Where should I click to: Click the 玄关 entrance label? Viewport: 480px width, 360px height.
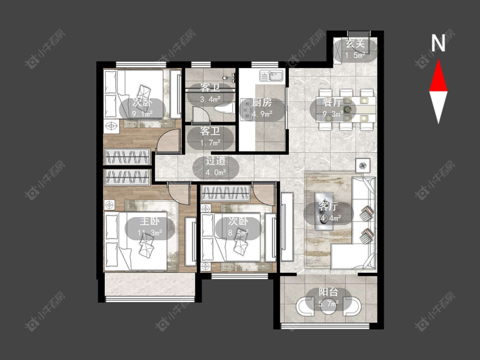[355, 44]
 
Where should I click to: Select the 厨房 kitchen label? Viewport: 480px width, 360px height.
[262, 102]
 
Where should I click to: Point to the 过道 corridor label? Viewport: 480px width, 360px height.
[215, 161]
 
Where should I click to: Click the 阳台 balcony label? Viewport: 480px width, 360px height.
[328, 292]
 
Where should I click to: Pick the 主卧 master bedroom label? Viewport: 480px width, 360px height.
[150, 221]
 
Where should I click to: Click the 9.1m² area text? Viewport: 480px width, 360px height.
[143, 114]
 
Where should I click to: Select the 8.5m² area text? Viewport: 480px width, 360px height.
[238, 233]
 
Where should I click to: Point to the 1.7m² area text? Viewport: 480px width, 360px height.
[210, 143]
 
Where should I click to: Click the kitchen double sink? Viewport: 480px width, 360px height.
[271, 75]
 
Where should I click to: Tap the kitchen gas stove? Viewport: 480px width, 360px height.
[246, 109]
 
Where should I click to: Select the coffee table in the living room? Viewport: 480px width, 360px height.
[324, 211]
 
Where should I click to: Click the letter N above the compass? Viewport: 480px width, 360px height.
[438, 43]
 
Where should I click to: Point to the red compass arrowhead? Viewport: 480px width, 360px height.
[438, 75]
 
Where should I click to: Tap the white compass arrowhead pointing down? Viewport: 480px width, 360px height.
[438, 107]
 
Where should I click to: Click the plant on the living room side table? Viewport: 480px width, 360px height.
[363, 165]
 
